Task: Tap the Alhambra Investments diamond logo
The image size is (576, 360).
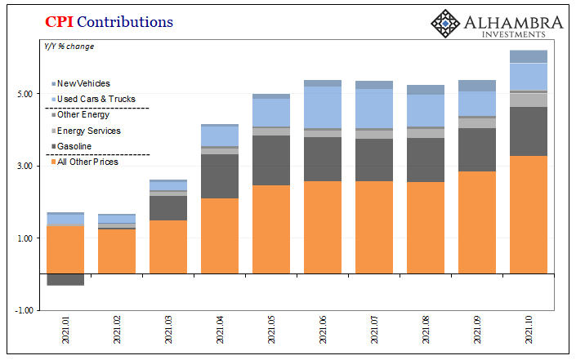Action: pos(445,23)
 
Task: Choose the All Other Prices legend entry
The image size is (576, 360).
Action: pos(87,162)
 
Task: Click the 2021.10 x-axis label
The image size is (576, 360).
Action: pos(529,334)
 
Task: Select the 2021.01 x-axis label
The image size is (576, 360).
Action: pos(66,334)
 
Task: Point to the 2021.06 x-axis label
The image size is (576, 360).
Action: pos(324,334)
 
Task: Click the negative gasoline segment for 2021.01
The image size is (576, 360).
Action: pos(66,279)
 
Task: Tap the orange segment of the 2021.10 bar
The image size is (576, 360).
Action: pos(529,214)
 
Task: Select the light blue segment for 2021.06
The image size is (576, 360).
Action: pos(323,107)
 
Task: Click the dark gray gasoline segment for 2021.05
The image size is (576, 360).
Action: pos(271,160)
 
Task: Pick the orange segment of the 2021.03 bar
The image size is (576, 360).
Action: pos(168,247)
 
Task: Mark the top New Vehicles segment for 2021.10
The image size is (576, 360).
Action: pos(529,56)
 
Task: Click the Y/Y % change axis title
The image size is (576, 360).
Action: pos(69,46)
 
